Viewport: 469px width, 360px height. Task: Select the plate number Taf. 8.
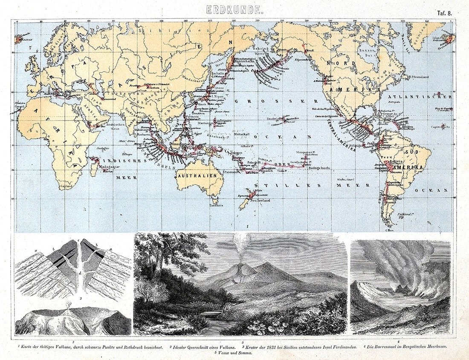pyautogui.click(x=444, y=13)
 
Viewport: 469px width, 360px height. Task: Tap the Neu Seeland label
pyautogui.click(x=261, y=201)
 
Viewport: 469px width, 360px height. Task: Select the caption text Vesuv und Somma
pyautogui.click(x=236, y=354)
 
